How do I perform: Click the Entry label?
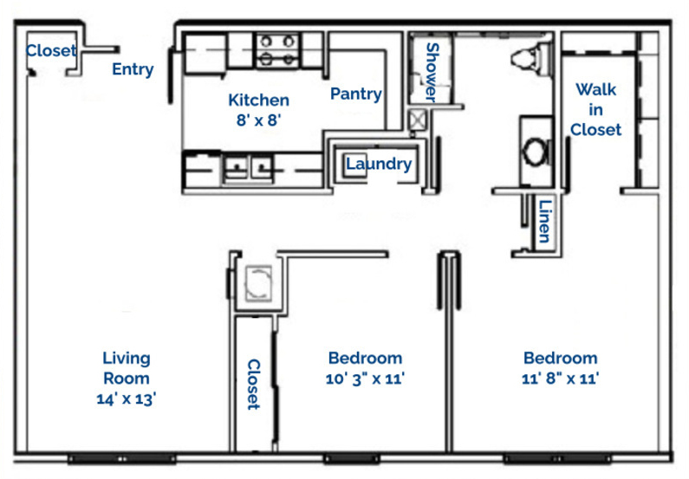click(x=133, y=69)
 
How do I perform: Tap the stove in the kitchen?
click(x=276, y=50)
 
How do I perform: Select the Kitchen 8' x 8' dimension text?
click(x=258, y=110)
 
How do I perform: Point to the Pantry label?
click(x=356, y=94)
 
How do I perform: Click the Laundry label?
click(x=379, y=164)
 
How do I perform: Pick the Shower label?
click(x=432, y=72)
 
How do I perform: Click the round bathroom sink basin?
click(x=536, y=151)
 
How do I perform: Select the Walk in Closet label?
click(x=595, y=110)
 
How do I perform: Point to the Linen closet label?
click(x=545, y=221)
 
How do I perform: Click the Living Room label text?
click(x=127, y=368)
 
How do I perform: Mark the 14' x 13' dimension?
click(x=127, y=398)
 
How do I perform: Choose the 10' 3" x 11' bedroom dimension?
click(x=365, y=378)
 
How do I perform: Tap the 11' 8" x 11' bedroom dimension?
click(x=560, y=378)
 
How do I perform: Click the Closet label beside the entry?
click(x=51, y=50)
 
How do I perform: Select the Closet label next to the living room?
click(x=254, y=385)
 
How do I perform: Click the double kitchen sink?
click(x=247, y=167)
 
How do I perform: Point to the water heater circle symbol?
click(x=258, y=283)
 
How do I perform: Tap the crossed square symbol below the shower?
click(x=417, y=120)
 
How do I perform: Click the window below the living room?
click(x=121, y=459)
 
